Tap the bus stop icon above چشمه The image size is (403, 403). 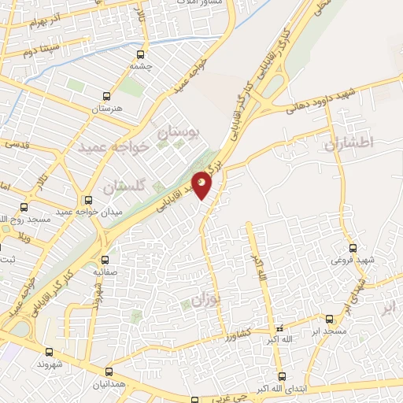coord(141,55)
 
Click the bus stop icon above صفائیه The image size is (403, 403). coord(105,259)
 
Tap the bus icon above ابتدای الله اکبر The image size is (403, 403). coord(283,376)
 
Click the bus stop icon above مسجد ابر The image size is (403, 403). coord(329,320)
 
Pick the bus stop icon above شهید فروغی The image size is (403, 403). coord(353,247)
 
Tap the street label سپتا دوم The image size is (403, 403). coord(40,53)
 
